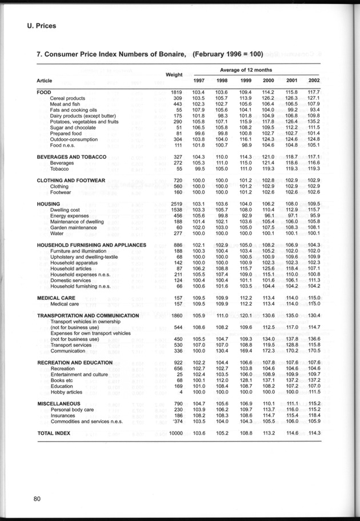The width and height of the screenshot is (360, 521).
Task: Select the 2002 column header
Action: click(x=314, y=81)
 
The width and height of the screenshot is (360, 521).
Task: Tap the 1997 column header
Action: click(x=199, y=81)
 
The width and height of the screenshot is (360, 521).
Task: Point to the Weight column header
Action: click(x=174, y=75)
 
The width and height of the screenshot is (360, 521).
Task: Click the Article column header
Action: click(x=45, y=81)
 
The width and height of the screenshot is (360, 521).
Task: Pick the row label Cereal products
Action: click(x=67, y=98)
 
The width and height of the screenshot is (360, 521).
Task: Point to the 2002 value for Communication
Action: click(x=314, y=351)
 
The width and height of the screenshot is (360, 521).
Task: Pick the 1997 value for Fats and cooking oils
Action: click(x=198, y=110)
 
